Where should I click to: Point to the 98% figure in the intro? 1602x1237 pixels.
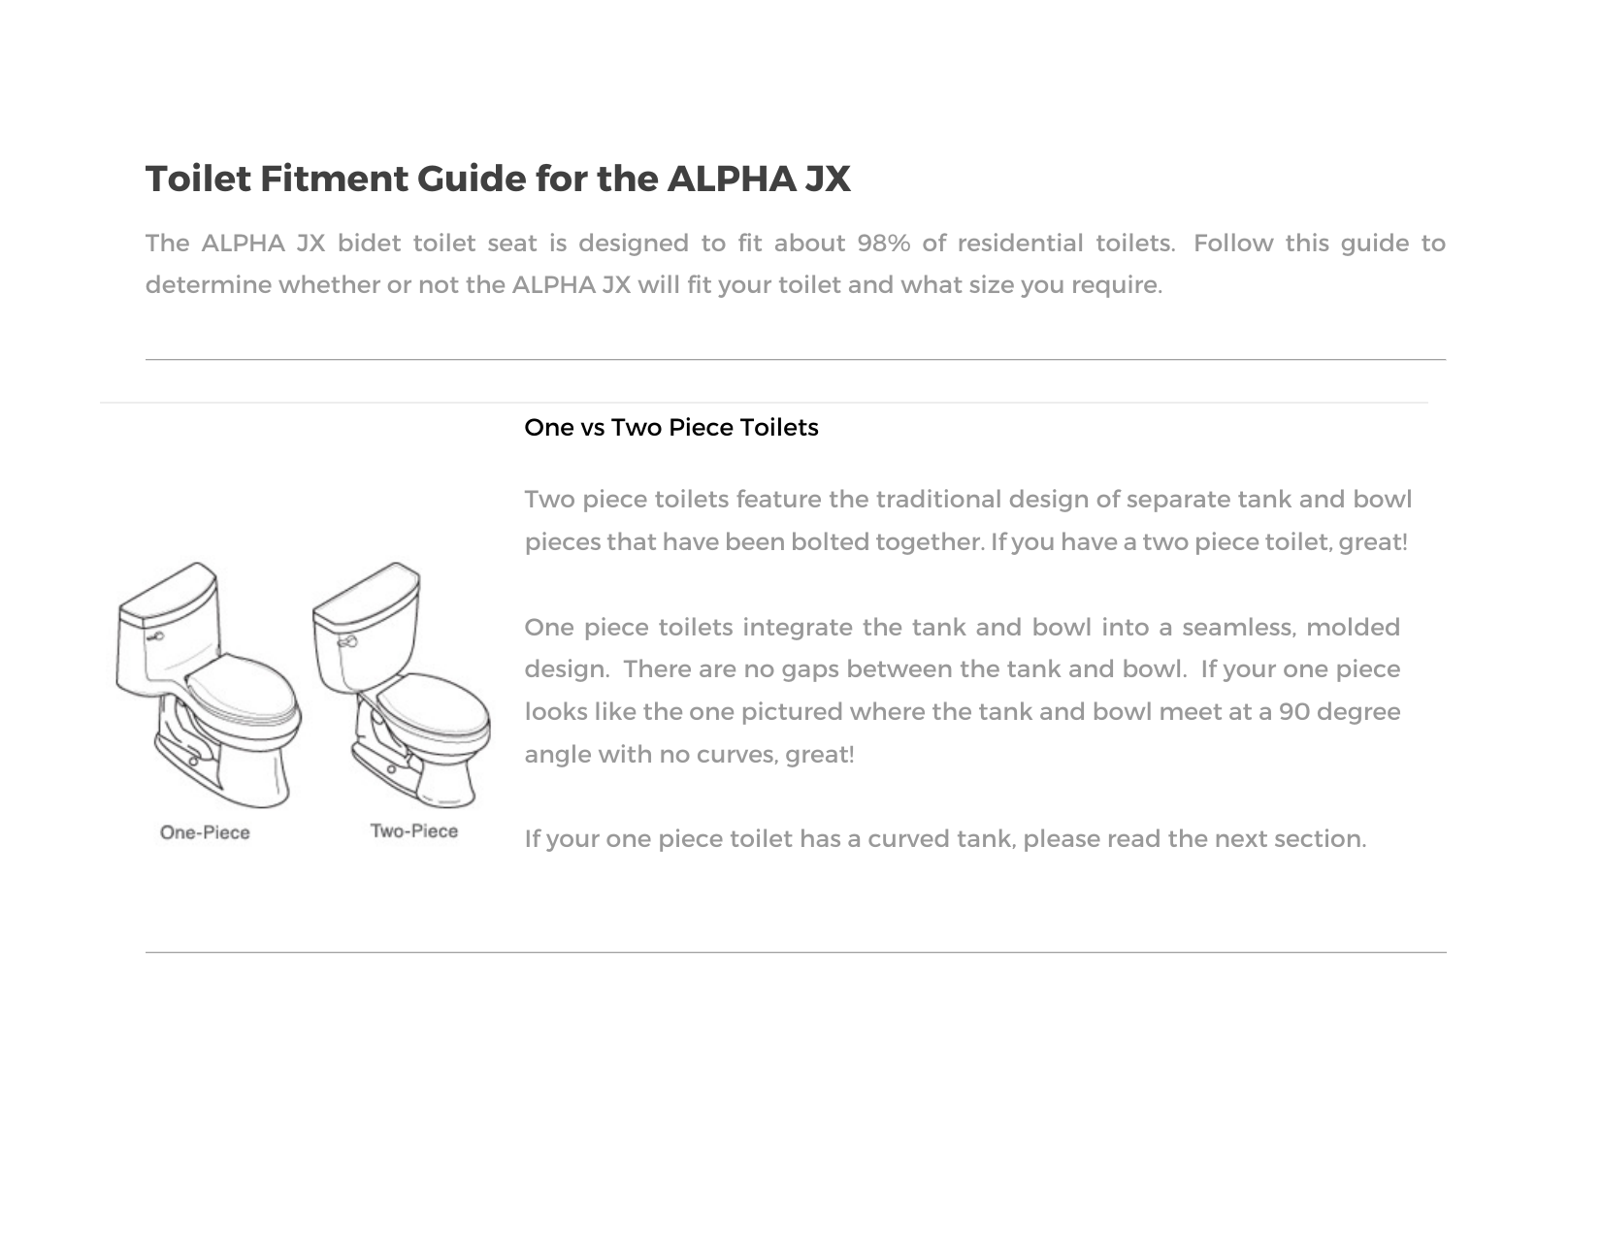883,244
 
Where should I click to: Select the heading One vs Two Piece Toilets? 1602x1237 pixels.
670,428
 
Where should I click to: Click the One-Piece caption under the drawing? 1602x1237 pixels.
205,832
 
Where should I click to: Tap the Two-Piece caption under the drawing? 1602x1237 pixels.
414,831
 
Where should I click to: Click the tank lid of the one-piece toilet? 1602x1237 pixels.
168,592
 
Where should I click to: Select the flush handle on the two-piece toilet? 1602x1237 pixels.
346,642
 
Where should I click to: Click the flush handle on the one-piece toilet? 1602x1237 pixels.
154,637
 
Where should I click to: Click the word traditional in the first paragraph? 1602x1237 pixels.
937,500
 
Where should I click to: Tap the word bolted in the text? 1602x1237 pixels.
830,542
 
